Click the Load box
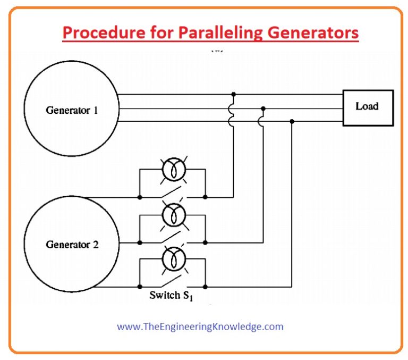368,107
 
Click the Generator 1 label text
72,111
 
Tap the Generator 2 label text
72,245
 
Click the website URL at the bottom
200,326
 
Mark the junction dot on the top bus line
234,94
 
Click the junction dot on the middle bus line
263,108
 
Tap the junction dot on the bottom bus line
292,121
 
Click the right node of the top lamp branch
205,197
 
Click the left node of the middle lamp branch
140,242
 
